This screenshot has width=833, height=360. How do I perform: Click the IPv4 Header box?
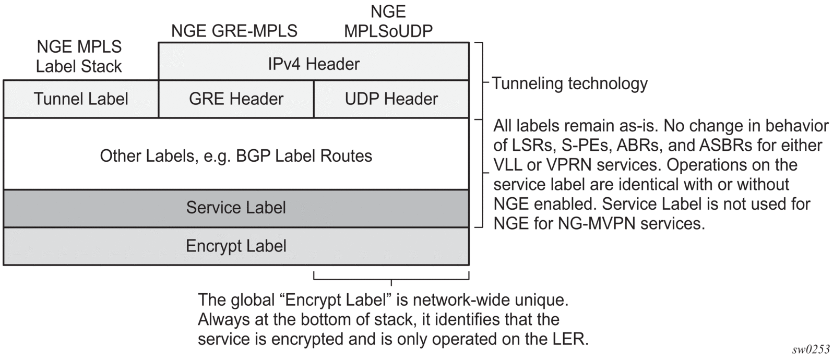[x=314, y=64]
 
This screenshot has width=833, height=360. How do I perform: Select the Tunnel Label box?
[x=81, y=99]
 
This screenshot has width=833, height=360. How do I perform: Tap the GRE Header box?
[x=236, y=99]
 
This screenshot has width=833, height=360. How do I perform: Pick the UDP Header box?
[x=391, y=99]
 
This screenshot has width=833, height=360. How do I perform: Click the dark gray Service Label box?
[x=236, y=208]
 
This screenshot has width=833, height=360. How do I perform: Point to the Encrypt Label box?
[x=236, y=246]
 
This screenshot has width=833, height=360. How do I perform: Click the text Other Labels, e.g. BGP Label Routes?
[x=236, y=155]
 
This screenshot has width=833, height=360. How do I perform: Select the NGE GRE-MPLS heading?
[x=234, y=31]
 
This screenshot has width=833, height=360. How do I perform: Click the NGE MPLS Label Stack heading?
[x=79, y=56]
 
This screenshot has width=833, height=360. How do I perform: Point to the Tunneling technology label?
[x=570, y=83]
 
